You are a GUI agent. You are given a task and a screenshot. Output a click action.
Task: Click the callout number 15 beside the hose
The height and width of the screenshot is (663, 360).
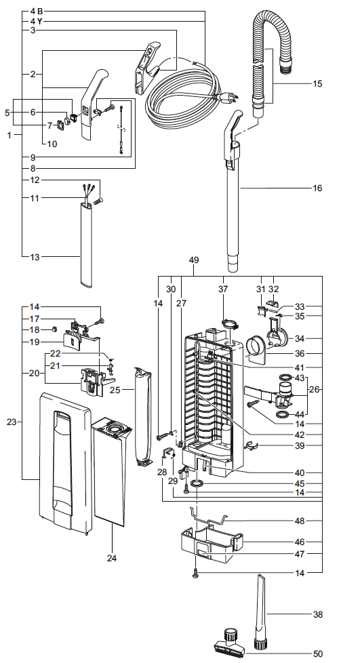pyautogui.click(x=317, y=83)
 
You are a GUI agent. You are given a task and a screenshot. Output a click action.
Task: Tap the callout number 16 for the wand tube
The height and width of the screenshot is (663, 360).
pyautogui.click(x=317, y=188)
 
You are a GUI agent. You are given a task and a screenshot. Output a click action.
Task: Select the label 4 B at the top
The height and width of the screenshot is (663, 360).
pyautogui.click(x=37, y=12)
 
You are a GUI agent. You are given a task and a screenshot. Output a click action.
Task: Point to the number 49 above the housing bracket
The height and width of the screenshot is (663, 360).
pyautogui.click(x=194, y=260)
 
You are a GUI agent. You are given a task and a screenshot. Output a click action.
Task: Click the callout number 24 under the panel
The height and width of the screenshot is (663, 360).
pyautogui.click(x=112, y=558)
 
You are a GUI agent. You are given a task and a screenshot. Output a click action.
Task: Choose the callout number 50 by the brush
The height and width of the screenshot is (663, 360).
pyautogui.click(x=318, y=654)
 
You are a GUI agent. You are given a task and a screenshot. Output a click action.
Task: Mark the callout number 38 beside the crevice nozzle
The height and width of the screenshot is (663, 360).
pyautogui.click(x=318, y=615)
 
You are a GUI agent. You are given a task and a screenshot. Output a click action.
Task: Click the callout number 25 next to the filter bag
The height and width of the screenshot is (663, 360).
pyautogui.click(x=115, y=390)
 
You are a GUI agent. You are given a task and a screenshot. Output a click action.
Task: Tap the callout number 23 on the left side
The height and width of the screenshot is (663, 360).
pyautogui.click(x=12, y=422)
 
